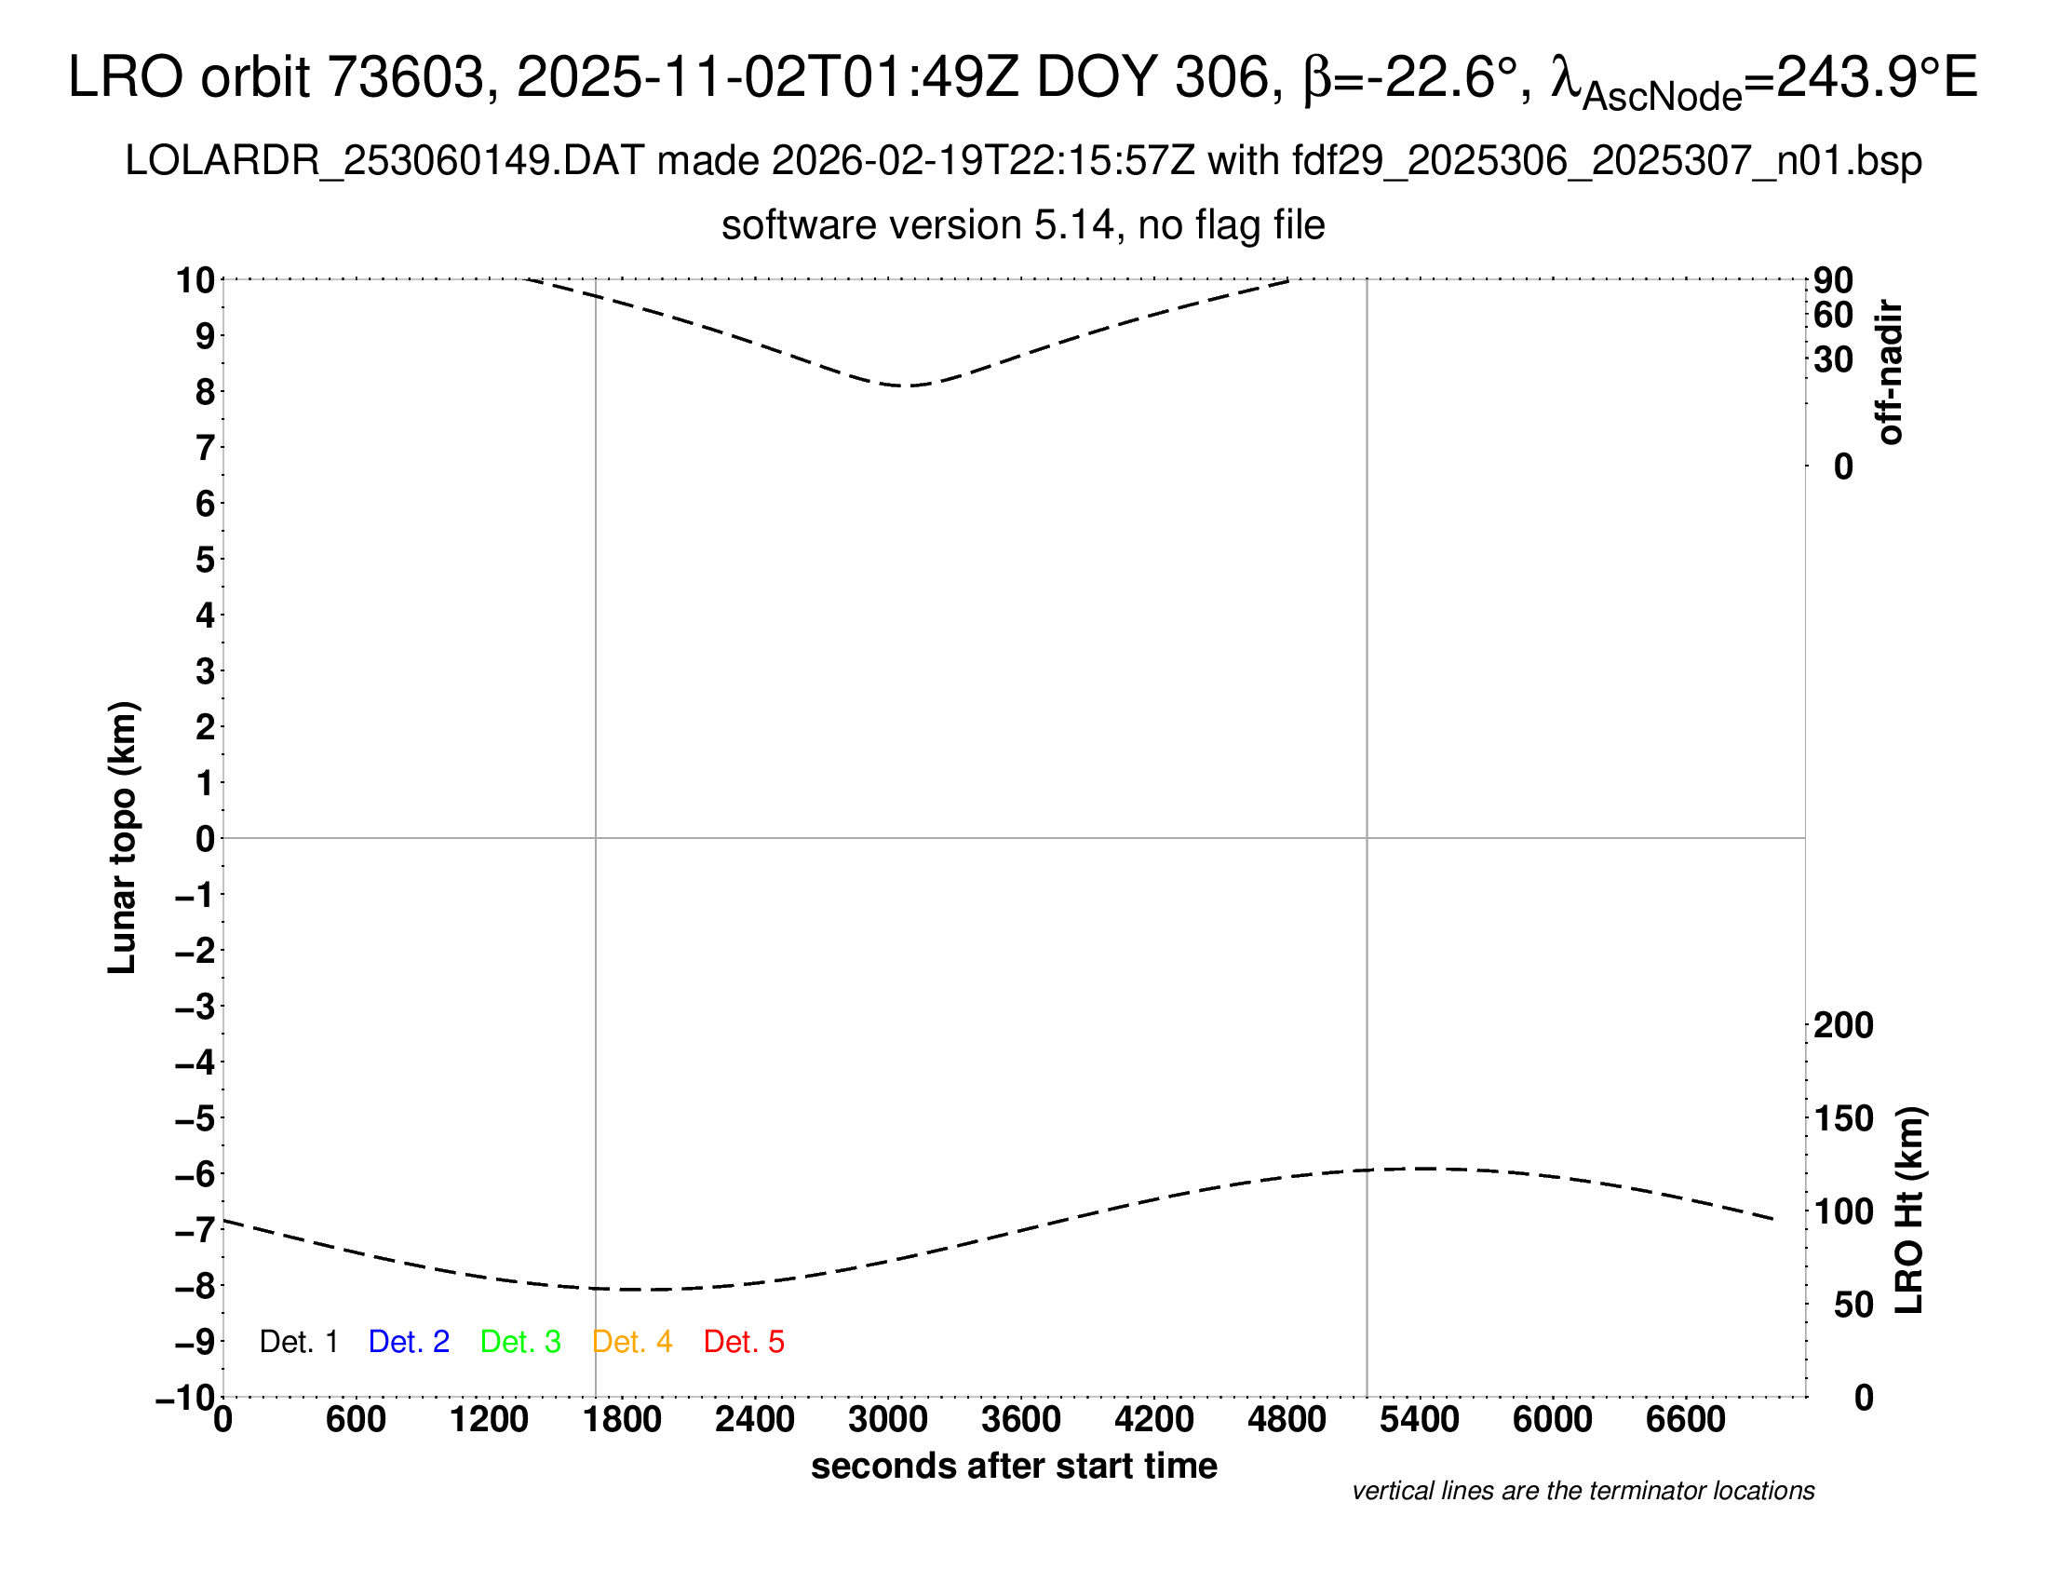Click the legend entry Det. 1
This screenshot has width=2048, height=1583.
pos(298,1342)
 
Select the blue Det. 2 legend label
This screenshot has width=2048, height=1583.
pos(409,1342)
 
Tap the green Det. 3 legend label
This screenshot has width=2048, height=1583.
pos(520,1342)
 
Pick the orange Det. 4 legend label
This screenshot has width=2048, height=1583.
pos(632,1342)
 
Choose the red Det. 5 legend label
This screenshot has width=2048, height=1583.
pos(744,1342)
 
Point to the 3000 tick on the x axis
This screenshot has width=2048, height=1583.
pos(887,1420)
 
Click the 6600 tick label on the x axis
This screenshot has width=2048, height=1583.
pos(1685,1420)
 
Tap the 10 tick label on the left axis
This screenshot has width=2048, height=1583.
pos(195,279)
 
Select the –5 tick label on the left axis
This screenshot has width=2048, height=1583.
pos(195,1117)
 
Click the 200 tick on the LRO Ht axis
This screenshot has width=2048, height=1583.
pos(1842,1025)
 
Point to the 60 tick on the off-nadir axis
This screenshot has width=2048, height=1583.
pos(1833,315)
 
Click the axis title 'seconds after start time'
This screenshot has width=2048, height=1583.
pos(1014,1466)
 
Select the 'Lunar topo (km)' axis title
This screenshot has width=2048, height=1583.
pos(123,837)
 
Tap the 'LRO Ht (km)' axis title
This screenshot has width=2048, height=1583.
pos(1908,1211)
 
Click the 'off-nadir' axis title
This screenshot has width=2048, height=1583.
pos(1890,372)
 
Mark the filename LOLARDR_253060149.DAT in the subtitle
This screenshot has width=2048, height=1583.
pos(384,161)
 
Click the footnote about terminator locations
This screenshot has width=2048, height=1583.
pos(1583,1491)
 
